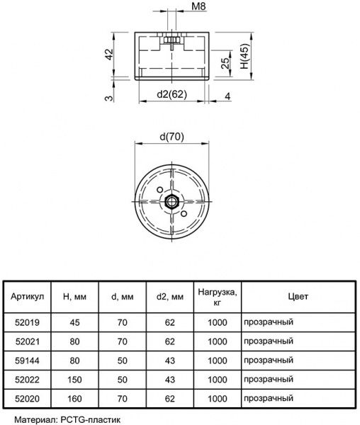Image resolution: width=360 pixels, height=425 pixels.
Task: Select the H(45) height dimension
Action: point(244,56)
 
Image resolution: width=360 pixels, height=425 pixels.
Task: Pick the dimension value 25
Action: point(223,65)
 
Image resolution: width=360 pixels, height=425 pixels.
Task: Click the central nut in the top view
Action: point(171,201)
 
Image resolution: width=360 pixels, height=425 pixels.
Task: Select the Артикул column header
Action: point(28,295)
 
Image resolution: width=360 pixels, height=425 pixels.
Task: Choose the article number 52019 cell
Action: point(28,322)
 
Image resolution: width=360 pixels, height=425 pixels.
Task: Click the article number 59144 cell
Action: point(28,360)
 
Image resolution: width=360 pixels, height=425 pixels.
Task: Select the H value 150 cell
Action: point(74,379)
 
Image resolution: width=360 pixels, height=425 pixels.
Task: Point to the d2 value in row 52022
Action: point(169,379)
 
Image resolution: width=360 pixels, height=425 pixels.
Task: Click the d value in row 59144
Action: point(121,360)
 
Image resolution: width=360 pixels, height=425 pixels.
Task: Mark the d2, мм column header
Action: point(169,295)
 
